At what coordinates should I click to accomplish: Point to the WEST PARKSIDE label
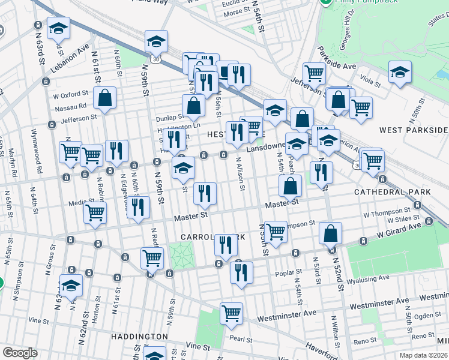coord(413,130)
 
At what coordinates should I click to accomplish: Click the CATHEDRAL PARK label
coord(392,192)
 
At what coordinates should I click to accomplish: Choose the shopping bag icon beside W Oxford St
coord(104,100)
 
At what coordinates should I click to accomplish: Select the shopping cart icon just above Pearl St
coord(231,313)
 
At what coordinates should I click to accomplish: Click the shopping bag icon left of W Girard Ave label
coord(330,233)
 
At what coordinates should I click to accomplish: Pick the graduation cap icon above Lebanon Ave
coord(58,28)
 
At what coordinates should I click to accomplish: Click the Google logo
coord(20,353)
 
